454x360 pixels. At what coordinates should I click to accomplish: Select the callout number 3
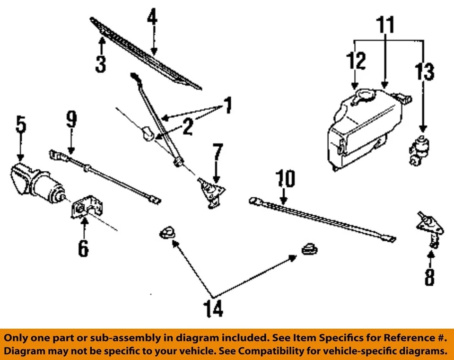click(100, 64)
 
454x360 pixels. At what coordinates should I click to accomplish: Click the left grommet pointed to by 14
click(166, 232)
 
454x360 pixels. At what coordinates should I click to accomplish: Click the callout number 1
click(227, 106)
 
